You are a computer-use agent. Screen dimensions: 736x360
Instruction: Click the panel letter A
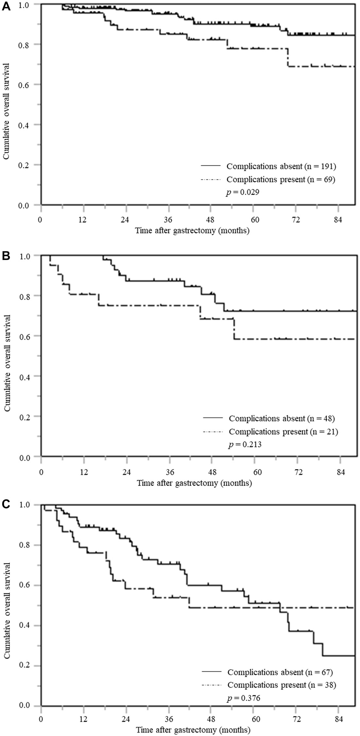tap(6, 7)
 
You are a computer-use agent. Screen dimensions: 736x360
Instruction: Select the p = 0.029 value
tap(243, 192)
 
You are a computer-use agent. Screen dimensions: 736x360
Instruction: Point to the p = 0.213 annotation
tap(245, 445)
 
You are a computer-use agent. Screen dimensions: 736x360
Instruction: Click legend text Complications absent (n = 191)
tap(281, 166)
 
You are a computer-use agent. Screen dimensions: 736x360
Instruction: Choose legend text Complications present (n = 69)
tap(281, 179)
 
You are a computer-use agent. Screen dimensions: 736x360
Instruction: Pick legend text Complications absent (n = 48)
tap(282, 418)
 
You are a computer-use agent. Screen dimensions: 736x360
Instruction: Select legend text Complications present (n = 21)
tap(283, 431)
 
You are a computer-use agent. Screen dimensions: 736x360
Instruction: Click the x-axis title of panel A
tap(192, 231)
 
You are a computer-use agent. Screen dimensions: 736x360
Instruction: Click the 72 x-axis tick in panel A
tap(295, 220)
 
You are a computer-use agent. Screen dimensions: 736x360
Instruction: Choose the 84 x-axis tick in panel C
tap(338, 719)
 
